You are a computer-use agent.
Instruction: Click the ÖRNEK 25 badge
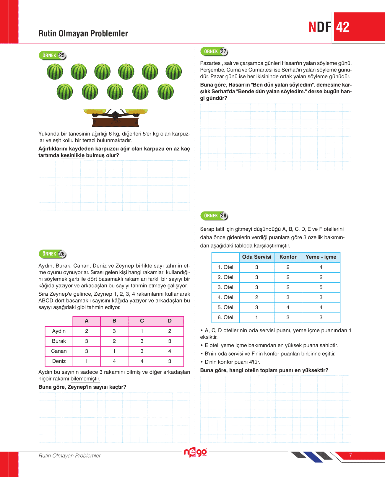pos(53,56)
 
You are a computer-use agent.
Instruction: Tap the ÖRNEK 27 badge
pos(214,51)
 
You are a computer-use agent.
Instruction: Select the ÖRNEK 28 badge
pos(214,216)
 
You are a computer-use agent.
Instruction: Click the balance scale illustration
pos(116,117)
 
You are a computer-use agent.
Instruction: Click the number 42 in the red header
pos(343,27)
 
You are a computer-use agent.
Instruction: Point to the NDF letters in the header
pos(320,27)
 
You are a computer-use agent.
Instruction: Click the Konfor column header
pos(288,257)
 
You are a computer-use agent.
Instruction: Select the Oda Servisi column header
pos(256,257)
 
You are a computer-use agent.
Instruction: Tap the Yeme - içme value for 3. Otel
pos(321,287)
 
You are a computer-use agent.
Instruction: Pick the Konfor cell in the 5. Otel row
pos(288,307)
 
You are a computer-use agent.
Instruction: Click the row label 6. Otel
pos(225,318)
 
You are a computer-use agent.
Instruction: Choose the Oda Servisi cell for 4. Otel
pos(256,297)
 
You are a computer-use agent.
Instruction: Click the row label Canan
pos(59,351)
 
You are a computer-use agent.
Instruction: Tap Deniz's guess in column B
pos(114,361)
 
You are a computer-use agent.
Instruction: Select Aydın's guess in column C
pos(142,331)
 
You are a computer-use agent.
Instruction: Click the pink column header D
pos(170,321)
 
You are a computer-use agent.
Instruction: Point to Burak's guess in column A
pos(87,341)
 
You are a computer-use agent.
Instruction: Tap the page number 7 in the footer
pos(350,456)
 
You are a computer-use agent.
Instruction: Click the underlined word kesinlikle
pos(73,155)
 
